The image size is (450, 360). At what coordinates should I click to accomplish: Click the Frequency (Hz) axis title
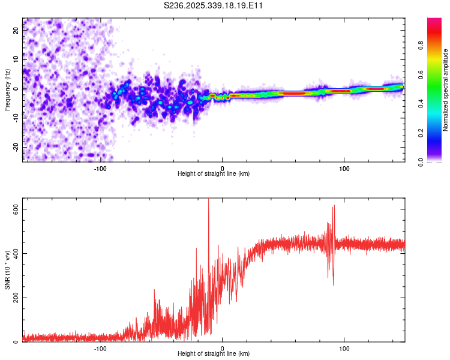pyautogui.click(x=7, y=90)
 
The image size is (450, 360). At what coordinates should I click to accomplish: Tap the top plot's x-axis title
pyautogui.click(x=214, y=173)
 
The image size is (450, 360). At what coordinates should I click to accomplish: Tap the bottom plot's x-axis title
pyautogui.click(x=214, y=353)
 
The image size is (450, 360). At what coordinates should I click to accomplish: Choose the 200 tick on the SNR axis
pyautogui.click(x=13, y=298)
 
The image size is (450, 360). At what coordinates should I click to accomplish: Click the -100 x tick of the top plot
pyautogui.click(x=100, y=168)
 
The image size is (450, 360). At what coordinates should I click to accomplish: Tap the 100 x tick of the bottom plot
pyautogui.click(x=344, y=348)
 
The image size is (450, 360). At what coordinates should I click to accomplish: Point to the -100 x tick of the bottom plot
pyautogui.click(x=100, y=348)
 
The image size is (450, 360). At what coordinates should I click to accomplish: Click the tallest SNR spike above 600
pyautogui.click(x=208, y=202)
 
